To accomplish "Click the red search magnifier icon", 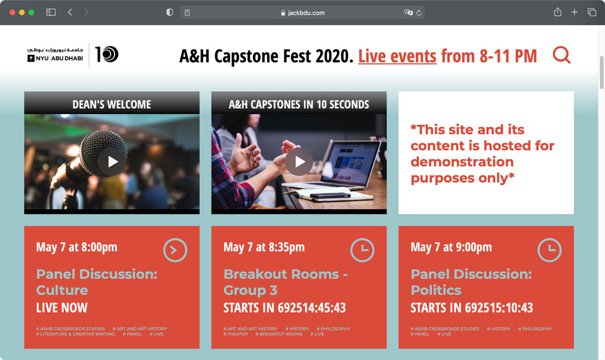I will click(561, 55).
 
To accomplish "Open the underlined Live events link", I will click(397, 57).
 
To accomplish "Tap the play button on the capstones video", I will click(300, 161).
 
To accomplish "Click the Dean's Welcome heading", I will click(112, 105).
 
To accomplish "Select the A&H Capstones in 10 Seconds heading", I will click(299, 105).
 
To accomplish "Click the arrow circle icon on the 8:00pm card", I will click(175, 250).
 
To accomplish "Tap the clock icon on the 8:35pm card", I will click(362, 250).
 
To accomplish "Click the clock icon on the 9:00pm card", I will click(549, 250).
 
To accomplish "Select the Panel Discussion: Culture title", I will click(96, 282).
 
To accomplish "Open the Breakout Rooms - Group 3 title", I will click(285, 282).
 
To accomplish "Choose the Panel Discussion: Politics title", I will click(471, 282).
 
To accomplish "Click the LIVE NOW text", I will click(62, 308).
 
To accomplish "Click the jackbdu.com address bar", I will click(302, 12).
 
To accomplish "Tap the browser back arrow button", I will click(70, 12).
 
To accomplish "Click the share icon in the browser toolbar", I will click(557, 12).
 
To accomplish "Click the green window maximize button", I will click(32, 12).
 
